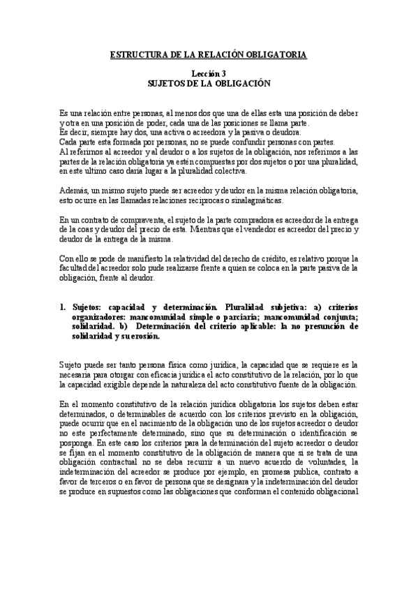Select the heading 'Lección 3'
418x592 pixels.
pos(209,73)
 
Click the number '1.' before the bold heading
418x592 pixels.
pos(62,306)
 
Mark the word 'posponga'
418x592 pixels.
pos(77,443)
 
